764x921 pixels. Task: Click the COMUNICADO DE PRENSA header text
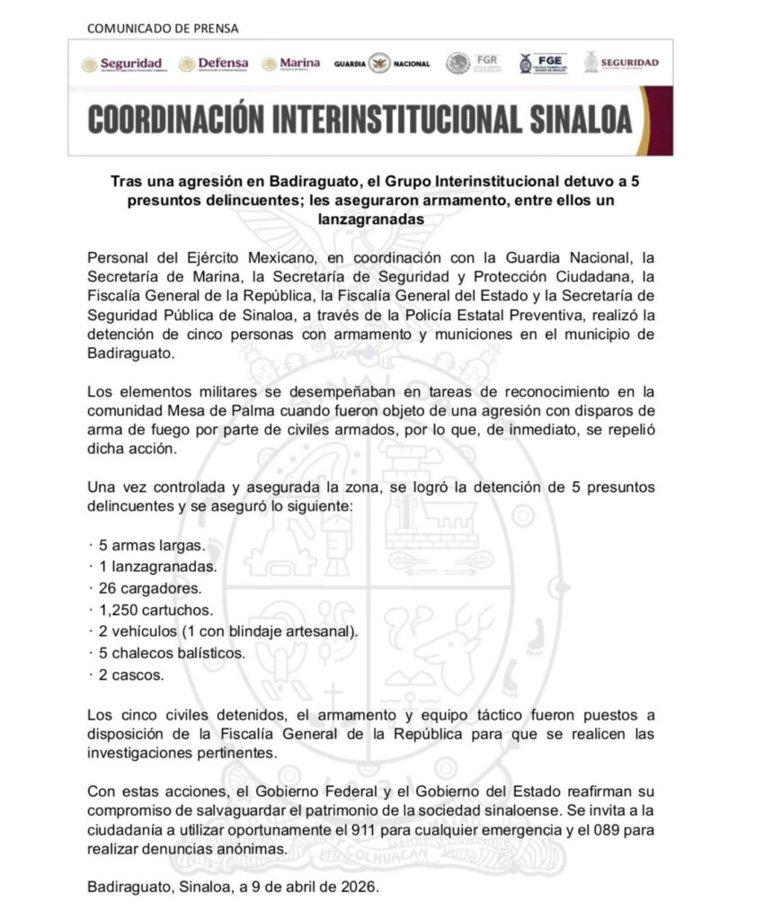163,28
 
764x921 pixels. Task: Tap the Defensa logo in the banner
214,64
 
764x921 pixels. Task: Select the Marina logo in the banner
291,64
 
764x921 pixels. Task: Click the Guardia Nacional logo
381,64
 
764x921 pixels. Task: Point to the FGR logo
473,63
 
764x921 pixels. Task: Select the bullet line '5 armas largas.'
149,546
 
